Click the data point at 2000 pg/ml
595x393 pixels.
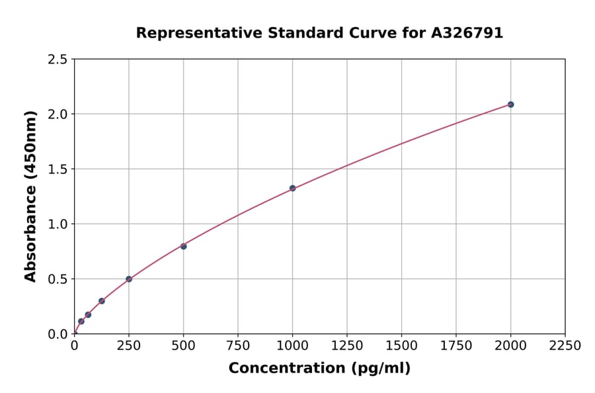click(510, 105)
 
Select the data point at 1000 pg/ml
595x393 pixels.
click(292, 188)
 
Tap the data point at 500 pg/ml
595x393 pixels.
click(183, 246)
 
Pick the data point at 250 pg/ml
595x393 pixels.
click(129, 279)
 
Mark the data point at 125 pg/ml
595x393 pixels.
click(102, 301)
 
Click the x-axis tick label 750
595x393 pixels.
click(238, 346)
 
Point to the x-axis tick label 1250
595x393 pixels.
click(347, 346)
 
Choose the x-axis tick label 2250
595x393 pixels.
click(565, 346)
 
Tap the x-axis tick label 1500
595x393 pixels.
click(401, 346)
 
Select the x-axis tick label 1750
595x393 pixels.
click(456, 346)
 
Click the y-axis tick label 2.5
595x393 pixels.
click(58, 60)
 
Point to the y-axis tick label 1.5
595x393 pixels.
click(58, 169)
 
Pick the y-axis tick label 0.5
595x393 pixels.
click(58, 279)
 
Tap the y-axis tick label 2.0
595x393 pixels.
click(58, 114)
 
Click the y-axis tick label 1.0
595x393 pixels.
click(58, 224)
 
